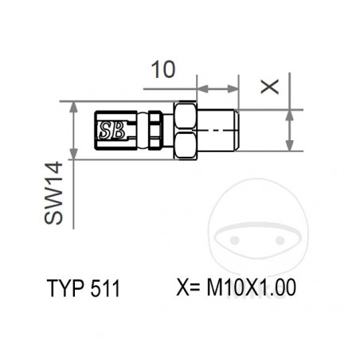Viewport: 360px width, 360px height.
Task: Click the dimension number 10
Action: point(162,69)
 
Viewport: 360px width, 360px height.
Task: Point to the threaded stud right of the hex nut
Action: point(218,130)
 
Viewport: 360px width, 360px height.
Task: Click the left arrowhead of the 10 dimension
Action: point(202,89)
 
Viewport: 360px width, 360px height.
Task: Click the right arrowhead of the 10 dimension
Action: point(234,89)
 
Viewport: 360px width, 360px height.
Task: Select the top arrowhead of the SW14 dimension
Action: point(73,107)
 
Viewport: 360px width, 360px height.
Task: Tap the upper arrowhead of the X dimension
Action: point(291,114)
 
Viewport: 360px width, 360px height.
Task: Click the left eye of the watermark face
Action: point(235,237)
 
